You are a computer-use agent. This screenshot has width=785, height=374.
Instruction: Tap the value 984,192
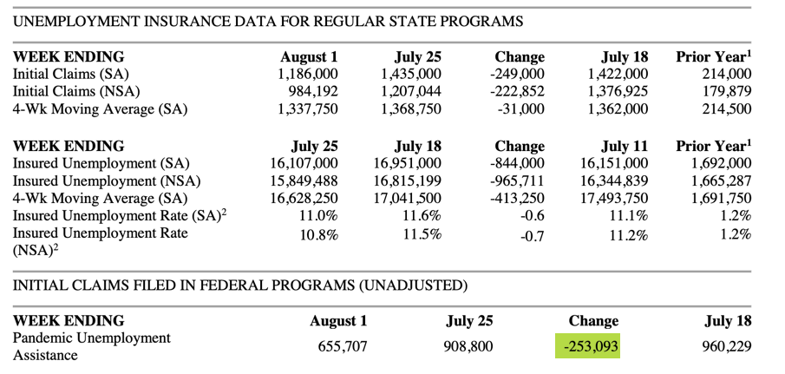click(x=310, y=91)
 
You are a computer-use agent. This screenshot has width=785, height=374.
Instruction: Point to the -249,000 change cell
click(x=516, y=75)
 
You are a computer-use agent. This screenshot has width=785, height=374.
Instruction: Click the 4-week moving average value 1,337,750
click(x=303, y=108)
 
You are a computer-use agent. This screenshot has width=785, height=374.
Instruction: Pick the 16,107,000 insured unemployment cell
click(x=299, y=163)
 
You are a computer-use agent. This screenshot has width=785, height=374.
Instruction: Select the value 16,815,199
click(x=403, y=180)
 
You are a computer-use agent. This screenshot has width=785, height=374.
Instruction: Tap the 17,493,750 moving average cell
click(x=611, y=198)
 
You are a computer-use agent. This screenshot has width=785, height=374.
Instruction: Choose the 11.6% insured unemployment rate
click(x=423, y=215)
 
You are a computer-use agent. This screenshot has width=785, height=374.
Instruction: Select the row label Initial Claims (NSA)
click(x=76, y=91)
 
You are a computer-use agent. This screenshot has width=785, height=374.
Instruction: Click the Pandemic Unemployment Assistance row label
click(x=91, y=345)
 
